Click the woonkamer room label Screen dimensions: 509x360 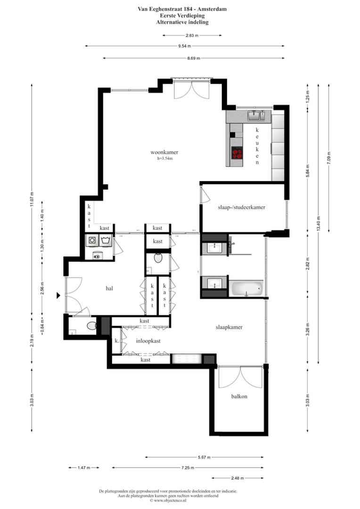[164, 152]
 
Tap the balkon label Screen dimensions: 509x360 [239, 396]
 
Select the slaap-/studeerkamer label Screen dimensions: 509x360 [242, 207]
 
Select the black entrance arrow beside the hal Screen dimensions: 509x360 [58, 296]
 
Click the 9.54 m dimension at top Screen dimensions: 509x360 [185, 46]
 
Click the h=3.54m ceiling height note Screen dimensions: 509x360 [165, 159]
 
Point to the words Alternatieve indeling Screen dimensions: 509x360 [185, 22]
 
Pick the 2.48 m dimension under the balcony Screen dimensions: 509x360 [239, 478]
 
